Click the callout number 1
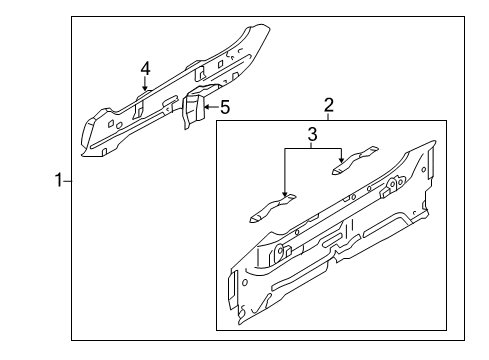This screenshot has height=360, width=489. point(59,180)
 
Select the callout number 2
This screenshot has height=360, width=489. point(329,105)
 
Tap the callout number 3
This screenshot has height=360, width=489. point(312,134)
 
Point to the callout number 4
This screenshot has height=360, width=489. point(145,69)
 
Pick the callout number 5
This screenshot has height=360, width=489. point(225,107)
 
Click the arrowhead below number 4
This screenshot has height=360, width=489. point(145,87)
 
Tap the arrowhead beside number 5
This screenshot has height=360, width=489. point(207,107)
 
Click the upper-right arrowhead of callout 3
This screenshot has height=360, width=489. point(341,159)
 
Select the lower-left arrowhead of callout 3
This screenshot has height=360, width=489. point(285,193)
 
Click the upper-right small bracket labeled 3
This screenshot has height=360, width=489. point(355,160)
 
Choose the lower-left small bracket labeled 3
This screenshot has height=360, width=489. point(273,208)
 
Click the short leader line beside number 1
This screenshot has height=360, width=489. point(67,181)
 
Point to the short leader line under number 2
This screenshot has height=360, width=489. point(328,117)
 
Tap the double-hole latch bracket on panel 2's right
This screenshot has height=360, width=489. point(393,187)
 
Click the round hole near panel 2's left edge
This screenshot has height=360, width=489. point(245,283)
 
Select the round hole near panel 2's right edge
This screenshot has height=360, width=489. point(423,169)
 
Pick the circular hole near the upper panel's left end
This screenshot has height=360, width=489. point(119,125)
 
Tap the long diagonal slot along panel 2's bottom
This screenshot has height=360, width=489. point(299,276)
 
